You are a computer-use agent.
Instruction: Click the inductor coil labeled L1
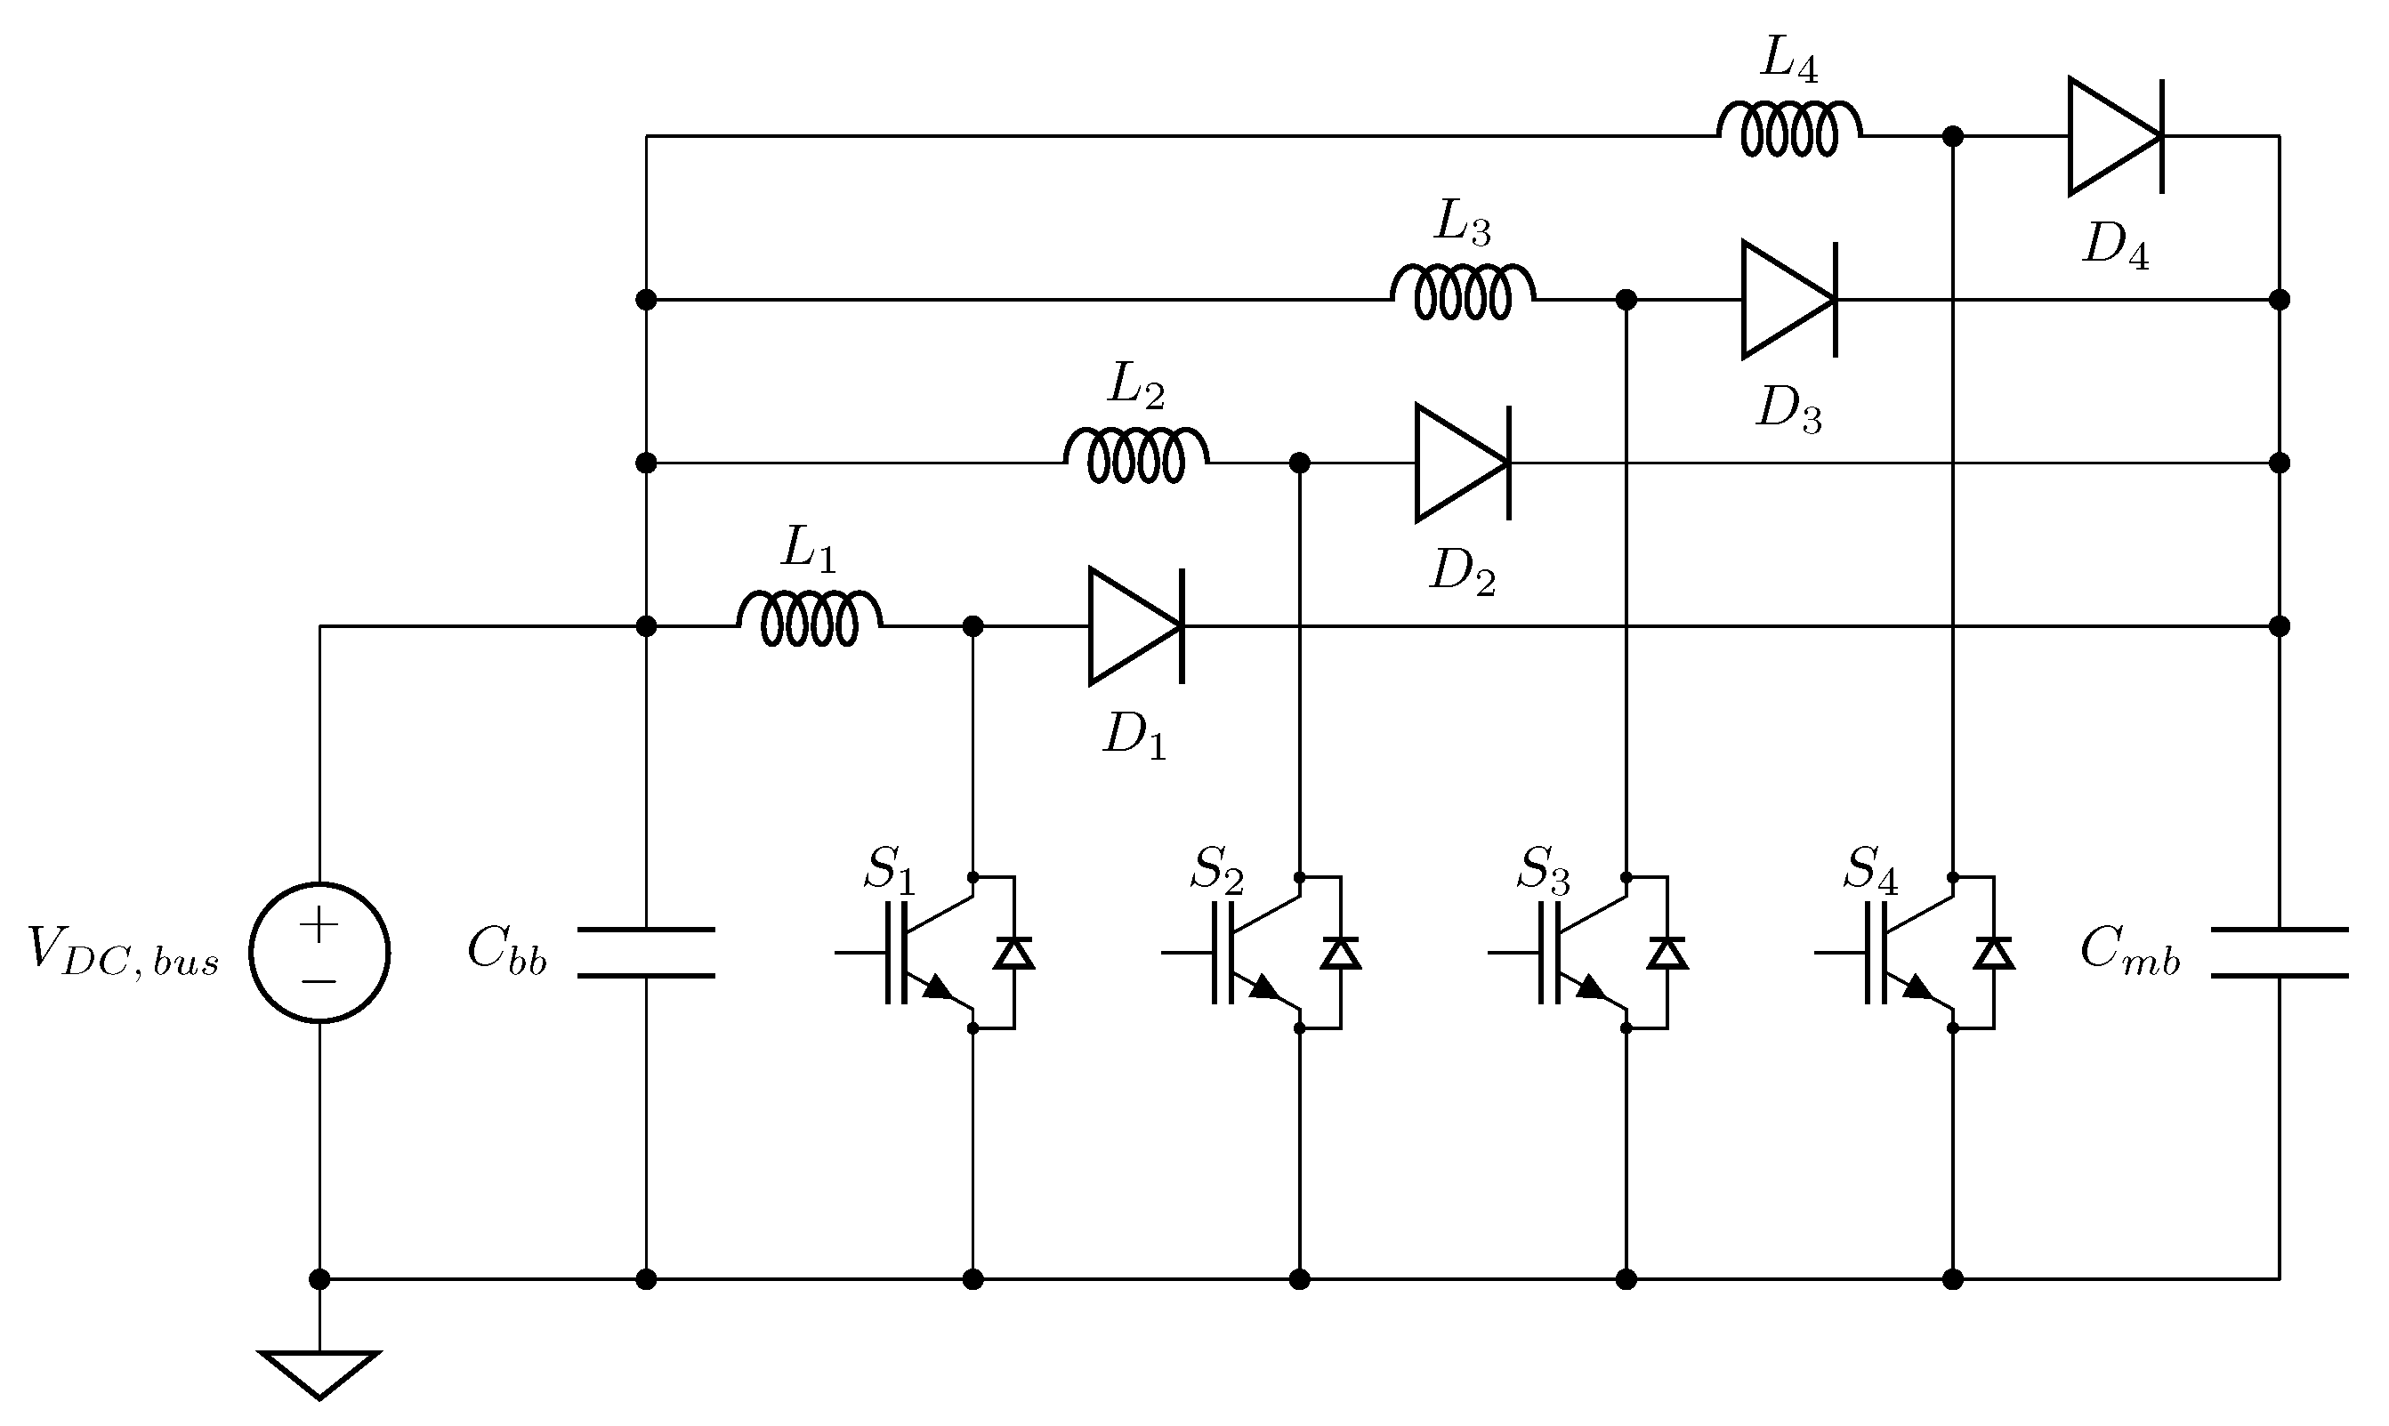click(809, 619)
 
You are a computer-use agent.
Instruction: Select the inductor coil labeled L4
click(1789, 129)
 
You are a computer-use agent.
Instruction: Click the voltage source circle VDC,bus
click(319, 952)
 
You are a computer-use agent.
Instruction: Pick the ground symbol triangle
click(319, 1373)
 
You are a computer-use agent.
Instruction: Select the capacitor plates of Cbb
click(646, 952)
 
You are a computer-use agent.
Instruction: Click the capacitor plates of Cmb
click(2279, 952)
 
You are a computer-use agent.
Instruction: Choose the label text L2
click(1136, 386)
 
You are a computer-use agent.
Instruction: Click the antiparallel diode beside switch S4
click(1994, 952)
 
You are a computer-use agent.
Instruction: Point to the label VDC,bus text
click(123, 952)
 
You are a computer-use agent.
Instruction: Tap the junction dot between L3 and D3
click(1626, 300)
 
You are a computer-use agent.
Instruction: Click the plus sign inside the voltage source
click(319, 925)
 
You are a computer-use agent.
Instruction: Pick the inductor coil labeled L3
click(1463, 292)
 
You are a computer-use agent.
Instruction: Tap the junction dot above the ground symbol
click(319, 1279)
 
